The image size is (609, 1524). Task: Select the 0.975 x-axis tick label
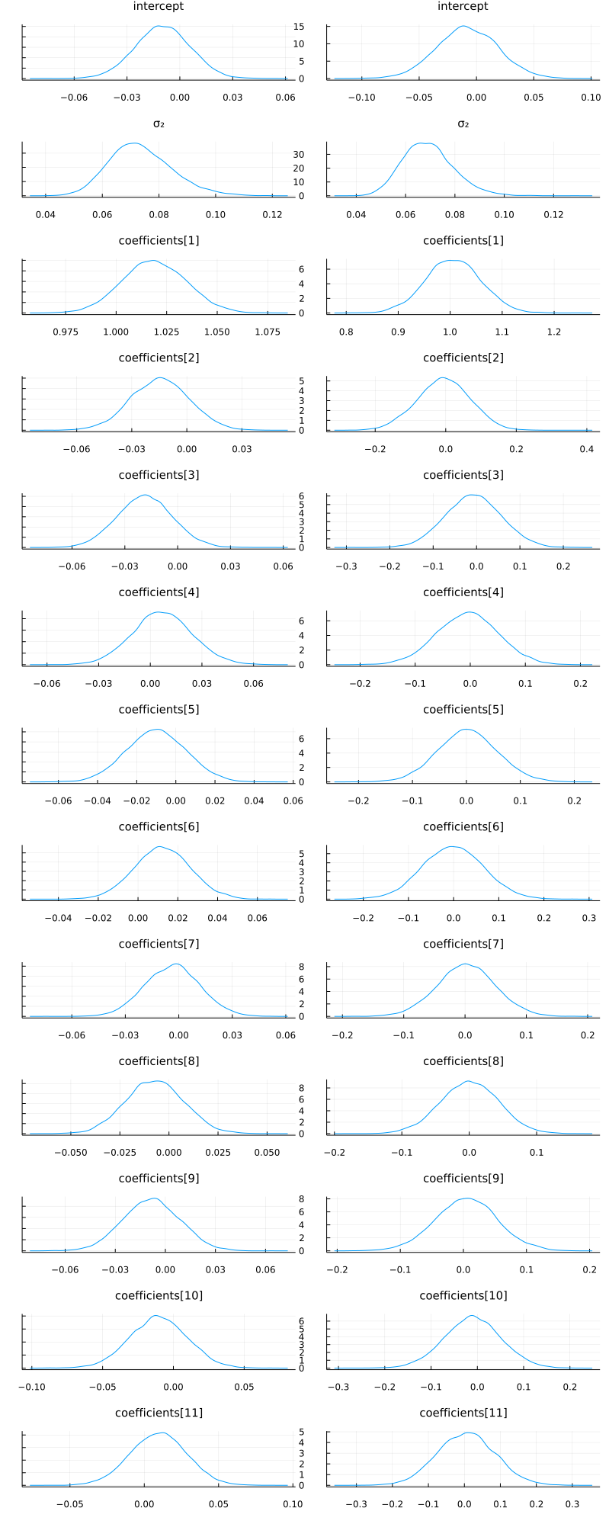pos(66,332)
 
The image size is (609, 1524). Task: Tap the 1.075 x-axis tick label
pos(268,332)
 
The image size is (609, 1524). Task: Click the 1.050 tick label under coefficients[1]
pos(217,332)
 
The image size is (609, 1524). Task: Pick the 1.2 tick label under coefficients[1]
pos(554,332)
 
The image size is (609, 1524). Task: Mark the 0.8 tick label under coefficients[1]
pos(346,332)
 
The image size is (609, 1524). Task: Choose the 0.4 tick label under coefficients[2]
pos(587,449)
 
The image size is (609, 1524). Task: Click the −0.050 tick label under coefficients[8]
pos(70,1152)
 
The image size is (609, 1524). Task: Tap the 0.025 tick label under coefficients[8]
pos(218,1152)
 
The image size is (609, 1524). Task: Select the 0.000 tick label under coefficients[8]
pos(168,1152)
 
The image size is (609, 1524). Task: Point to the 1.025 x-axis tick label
pos(166,332)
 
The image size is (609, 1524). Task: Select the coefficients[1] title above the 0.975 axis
pos(159,241)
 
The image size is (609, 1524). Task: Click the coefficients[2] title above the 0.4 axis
pos(463,358)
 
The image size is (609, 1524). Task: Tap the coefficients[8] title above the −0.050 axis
pos(159,1061)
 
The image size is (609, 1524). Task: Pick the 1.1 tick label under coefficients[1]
pos(502,332)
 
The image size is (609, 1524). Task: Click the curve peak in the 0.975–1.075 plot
pos(154,261)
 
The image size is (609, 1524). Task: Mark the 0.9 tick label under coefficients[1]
pos(398,332)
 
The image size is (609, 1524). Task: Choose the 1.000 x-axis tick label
pos(116,332)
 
